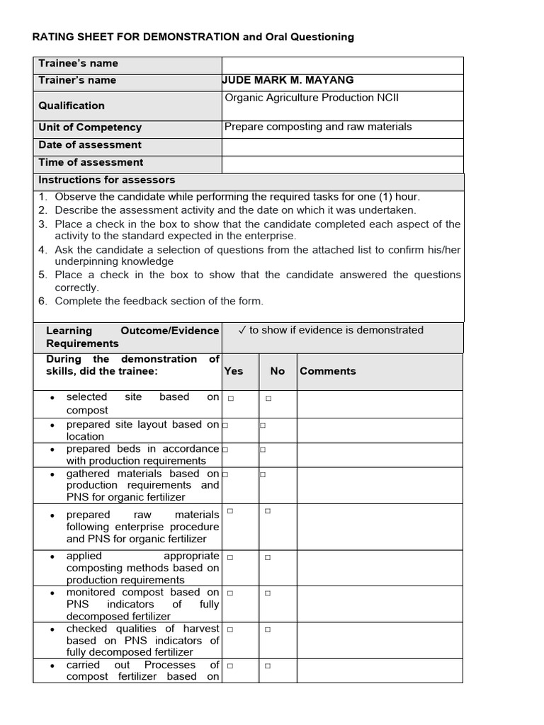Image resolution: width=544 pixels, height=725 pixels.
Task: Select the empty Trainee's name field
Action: pyautogui.click(x=342, y=64)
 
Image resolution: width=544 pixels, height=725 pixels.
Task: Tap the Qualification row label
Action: pyautogui.click(x=72, y=105)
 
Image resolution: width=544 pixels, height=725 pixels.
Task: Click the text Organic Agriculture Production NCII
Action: pyautogui.click(x=312, y=98)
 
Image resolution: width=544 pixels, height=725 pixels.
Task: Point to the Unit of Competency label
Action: pyautogui.click(x=90, y=127)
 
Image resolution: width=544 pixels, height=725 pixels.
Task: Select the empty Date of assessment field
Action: pyautogui.click(x=342, y=146)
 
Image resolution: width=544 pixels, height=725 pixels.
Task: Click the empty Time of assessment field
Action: pyautogui.click(x=342, y=164)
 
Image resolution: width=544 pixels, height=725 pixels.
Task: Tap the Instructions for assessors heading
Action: pyautogui.click(x=106, y=180)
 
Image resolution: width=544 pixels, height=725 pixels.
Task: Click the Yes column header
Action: pyautogui.click(x=234, y=371)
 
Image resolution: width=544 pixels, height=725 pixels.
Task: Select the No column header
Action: pyautogui.click(x=277, y=371)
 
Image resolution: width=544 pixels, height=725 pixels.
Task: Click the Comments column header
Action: pyautogui.click(x=327, y=371)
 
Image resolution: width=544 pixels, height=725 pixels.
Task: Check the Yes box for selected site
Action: pyautogui.click(x=231, y=399)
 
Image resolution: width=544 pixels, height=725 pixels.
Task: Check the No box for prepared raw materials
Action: pyautogui.click(x=268, y=510)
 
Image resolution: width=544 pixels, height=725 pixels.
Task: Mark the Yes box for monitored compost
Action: pyautogui.click(x=231, y=593)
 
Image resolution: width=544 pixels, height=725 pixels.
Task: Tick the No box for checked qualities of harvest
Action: pyautogui.click(x=268, y=629)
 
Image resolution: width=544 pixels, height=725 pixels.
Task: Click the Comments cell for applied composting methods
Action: pyautogui.click(x=379, y=568)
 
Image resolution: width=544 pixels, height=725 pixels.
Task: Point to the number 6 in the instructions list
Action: pyautogui.click(x=42, y=301)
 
